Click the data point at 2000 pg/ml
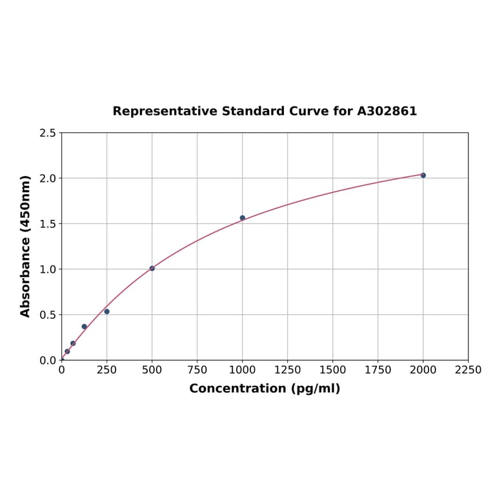423,176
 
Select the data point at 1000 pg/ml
243,218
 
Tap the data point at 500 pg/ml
152,268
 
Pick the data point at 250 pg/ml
107,312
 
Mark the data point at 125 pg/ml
85,327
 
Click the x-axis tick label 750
197,370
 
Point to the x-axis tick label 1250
288,370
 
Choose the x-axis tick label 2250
468,370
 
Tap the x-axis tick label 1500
333,370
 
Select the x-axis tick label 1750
378,370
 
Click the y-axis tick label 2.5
48,133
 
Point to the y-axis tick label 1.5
48,224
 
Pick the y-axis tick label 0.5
48,315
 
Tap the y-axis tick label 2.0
48,178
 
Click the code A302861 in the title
387,111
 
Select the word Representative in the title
165,111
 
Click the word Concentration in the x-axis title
237,388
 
